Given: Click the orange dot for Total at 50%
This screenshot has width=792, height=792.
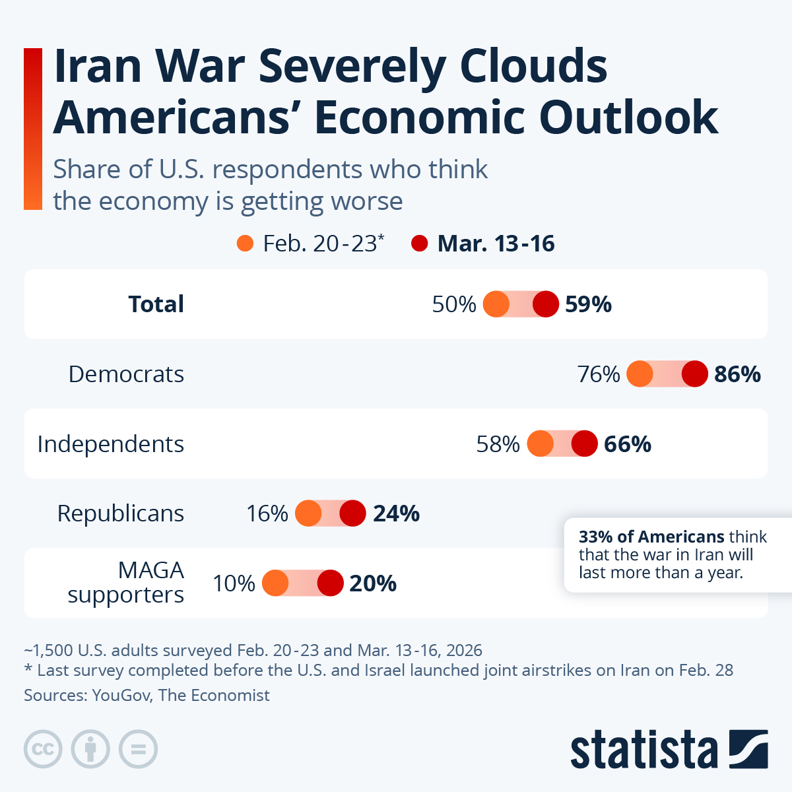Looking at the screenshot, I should point(496,304).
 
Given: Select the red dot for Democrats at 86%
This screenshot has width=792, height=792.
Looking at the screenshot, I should point(694,374).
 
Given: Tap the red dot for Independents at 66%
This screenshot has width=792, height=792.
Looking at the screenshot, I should point(584,444).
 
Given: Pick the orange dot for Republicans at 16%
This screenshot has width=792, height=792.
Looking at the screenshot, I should point(308,513).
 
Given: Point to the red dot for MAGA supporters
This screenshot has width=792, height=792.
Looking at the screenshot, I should point(330,583).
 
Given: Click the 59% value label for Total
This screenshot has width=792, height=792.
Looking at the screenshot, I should point(588,304).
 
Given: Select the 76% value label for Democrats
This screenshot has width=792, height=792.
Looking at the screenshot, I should point(599,374).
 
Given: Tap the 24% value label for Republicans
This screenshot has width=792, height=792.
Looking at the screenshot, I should point(396,513).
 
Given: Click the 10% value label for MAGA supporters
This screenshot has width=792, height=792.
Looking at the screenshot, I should point(234,583).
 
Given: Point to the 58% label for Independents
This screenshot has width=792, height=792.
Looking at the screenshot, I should point(498,444).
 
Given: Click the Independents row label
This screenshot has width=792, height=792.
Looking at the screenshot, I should point(110,444).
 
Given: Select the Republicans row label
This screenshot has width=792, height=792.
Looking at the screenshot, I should point(120,513).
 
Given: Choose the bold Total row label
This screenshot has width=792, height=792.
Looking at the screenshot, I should point(156,304).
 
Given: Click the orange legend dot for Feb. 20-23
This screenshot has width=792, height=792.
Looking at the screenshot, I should point(245,244).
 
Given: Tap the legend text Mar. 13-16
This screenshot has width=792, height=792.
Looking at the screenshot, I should point(496,244).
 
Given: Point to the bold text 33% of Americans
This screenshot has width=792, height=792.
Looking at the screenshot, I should point(651,537).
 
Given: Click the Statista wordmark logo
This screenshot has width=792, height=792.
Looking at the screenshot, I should point(643,750).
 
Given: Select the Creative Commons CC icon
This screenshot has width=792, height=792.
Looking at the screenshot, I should point(43,750).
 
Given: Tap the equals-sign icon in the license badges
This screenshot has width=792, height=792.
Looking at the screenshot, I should point(139,750).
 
